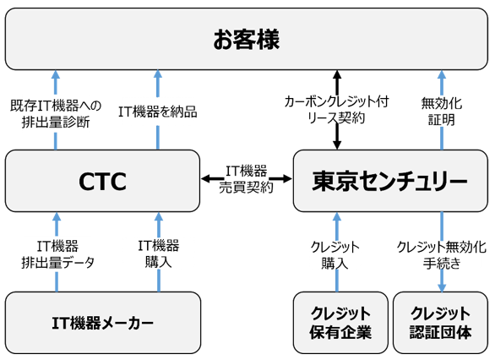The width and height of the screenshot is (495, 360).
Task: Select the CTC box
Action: pos(102,181)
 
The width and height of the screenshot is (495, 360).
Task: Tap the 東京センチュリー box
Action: pos(389,181)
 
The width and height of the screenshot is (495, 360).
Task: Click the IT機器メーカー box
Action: pos(102,323)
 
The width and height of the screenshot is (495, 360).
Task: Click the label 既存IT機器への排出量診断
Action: pos(56,113)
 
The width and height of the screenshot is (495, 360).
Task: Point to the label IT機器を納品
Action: pos(157,112)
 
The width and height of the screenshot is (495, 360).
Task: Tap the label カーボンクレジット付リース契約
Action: pos(337,111)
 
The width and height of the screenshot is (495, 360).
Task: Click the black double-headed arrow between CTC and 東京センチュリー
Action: pos(247,179)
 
